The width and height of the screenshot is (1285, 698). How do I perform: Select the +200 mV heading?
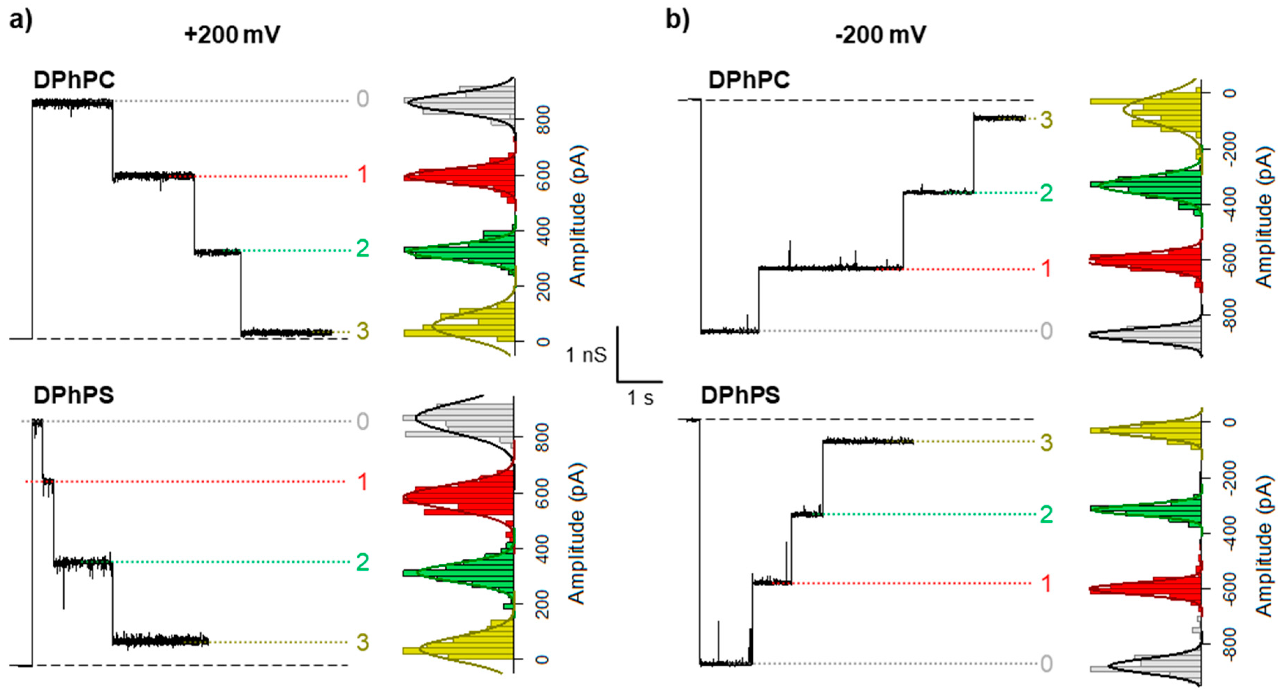pos(232,35)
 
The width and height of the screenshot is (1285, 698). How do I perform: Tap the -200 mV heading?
pos(881,35)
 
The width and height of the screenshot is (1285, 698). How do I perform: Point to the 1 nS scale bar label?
pos(586,355)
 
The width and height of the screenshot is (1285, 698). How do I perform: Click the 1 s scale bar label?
pos(640,398)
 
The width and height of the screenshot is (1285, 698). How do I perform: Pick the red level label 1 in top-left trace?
pos(363,174)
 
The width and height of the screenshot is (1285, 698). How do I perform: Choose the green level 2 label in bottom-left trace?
pos(363,562)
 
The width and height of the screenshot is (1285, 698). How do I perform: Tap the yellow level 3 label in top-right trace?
pos(1046,120)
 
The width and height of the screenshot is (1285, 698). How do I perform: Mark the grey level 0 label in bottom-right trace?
pos(1046,663)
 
